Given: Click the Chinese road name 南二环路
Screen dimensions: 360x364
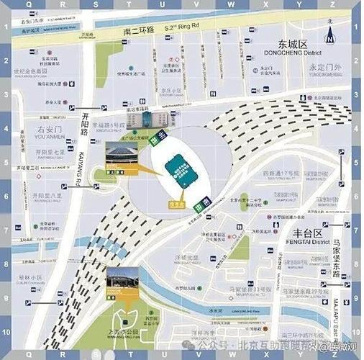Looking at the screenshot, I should (140, 32).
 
